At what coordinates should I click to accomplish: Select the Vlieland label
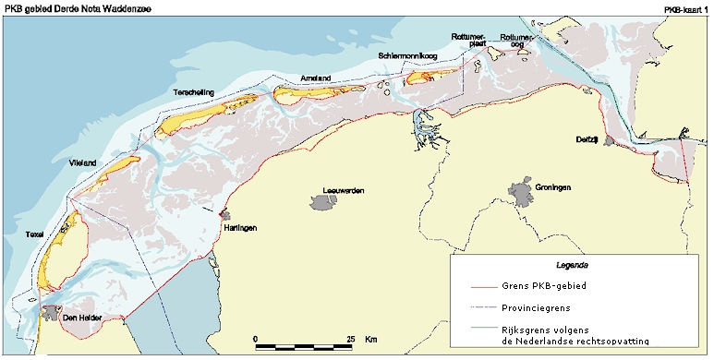coord(82,163)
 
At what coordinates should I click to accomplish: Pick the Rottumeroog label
coord(514,40)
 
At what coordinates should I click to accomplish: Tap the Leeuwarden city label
coord(343,191)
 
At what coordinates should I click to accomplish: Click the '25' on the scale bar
coord(351,339)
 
